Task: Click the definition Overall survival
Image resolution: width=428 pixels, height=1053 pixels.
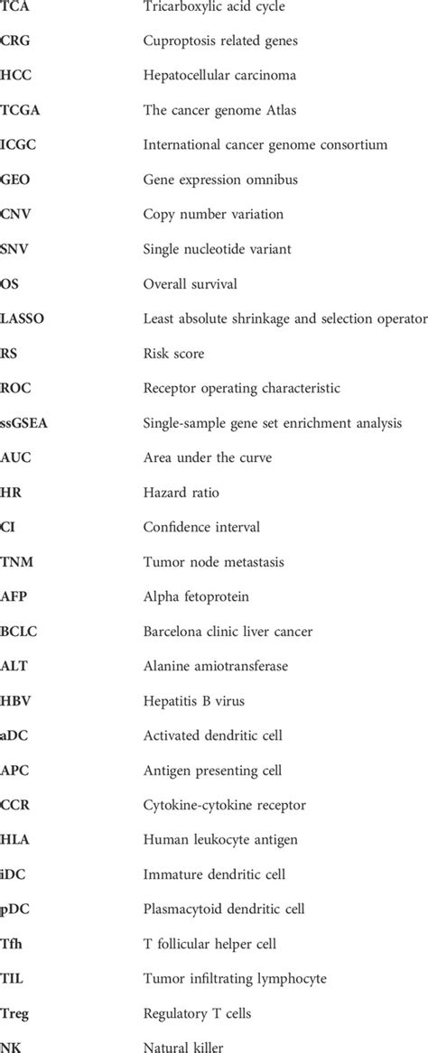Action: pos(191,283)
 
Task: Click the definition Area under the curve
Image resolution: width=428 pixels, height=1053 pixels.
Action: pos(207,457)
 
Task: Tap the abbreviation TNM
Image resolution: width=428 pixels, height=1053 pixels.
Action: pos(15,562)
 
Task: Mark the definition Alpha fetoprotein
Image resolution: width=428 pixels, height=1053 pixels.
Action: pos(196,596)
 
